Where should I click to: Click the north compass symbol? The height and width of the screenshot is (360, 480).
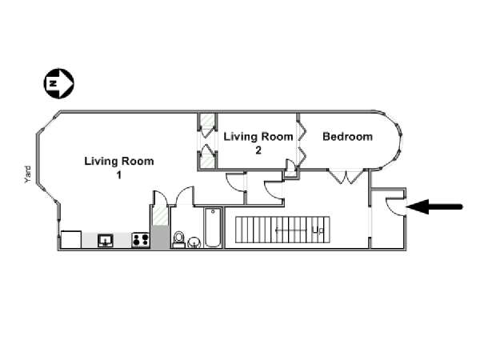point(58,83)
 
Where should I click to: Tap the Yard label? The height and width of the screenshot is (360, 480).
point(28,174)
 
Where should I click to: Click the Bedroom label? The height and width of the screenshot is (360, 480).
point(347,137)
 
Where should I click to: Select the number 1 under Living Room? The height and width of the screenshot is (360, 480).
point(119,174)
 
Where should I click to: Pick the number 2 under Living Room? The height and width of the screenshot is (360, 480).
point(258,150)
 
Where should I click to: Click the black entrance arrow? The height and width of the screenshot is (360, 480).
point(434,206)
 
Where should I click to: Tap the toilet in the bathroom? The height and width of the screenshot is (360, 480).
point(178,239)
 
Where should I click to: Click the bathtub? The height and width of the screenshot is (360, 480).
point(213,227)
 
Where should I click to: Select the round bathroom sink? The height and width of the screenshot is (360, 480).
point(194,242)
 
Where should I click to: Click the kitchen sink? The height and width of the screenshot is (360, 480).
point(106,240)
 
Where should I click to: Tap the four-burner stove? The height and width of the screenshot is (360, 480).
point(141,240)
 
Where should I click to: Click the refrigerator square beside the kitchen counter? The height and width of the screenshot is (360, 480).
point(71,239)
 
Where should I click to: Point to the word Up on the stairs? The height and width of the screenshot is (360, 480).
point(318,230)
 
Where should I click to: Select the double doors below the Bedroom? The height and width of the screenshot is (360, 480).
point(346,176)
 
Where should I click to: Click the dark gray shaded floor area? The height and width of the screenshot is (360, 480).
point(159,237)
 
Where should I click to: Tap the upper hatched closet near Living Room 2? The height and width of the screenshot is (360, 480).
point(208,120)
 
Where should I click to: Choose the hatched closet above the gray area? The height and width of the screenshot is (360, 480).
point(160,215)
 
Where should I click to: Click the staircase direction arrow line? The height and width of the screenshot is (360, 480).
point(291,230)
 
